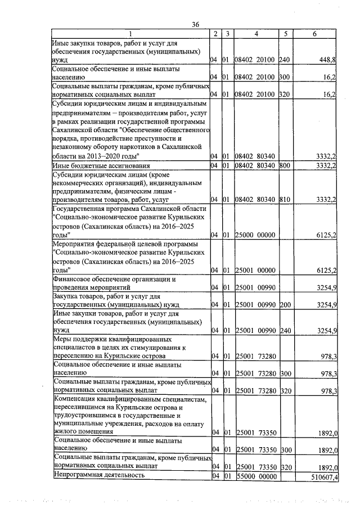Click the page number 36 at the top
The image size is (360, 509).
[x=196, y=24]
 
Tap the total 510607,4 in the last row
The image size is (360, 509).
[x=322, y=476]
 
